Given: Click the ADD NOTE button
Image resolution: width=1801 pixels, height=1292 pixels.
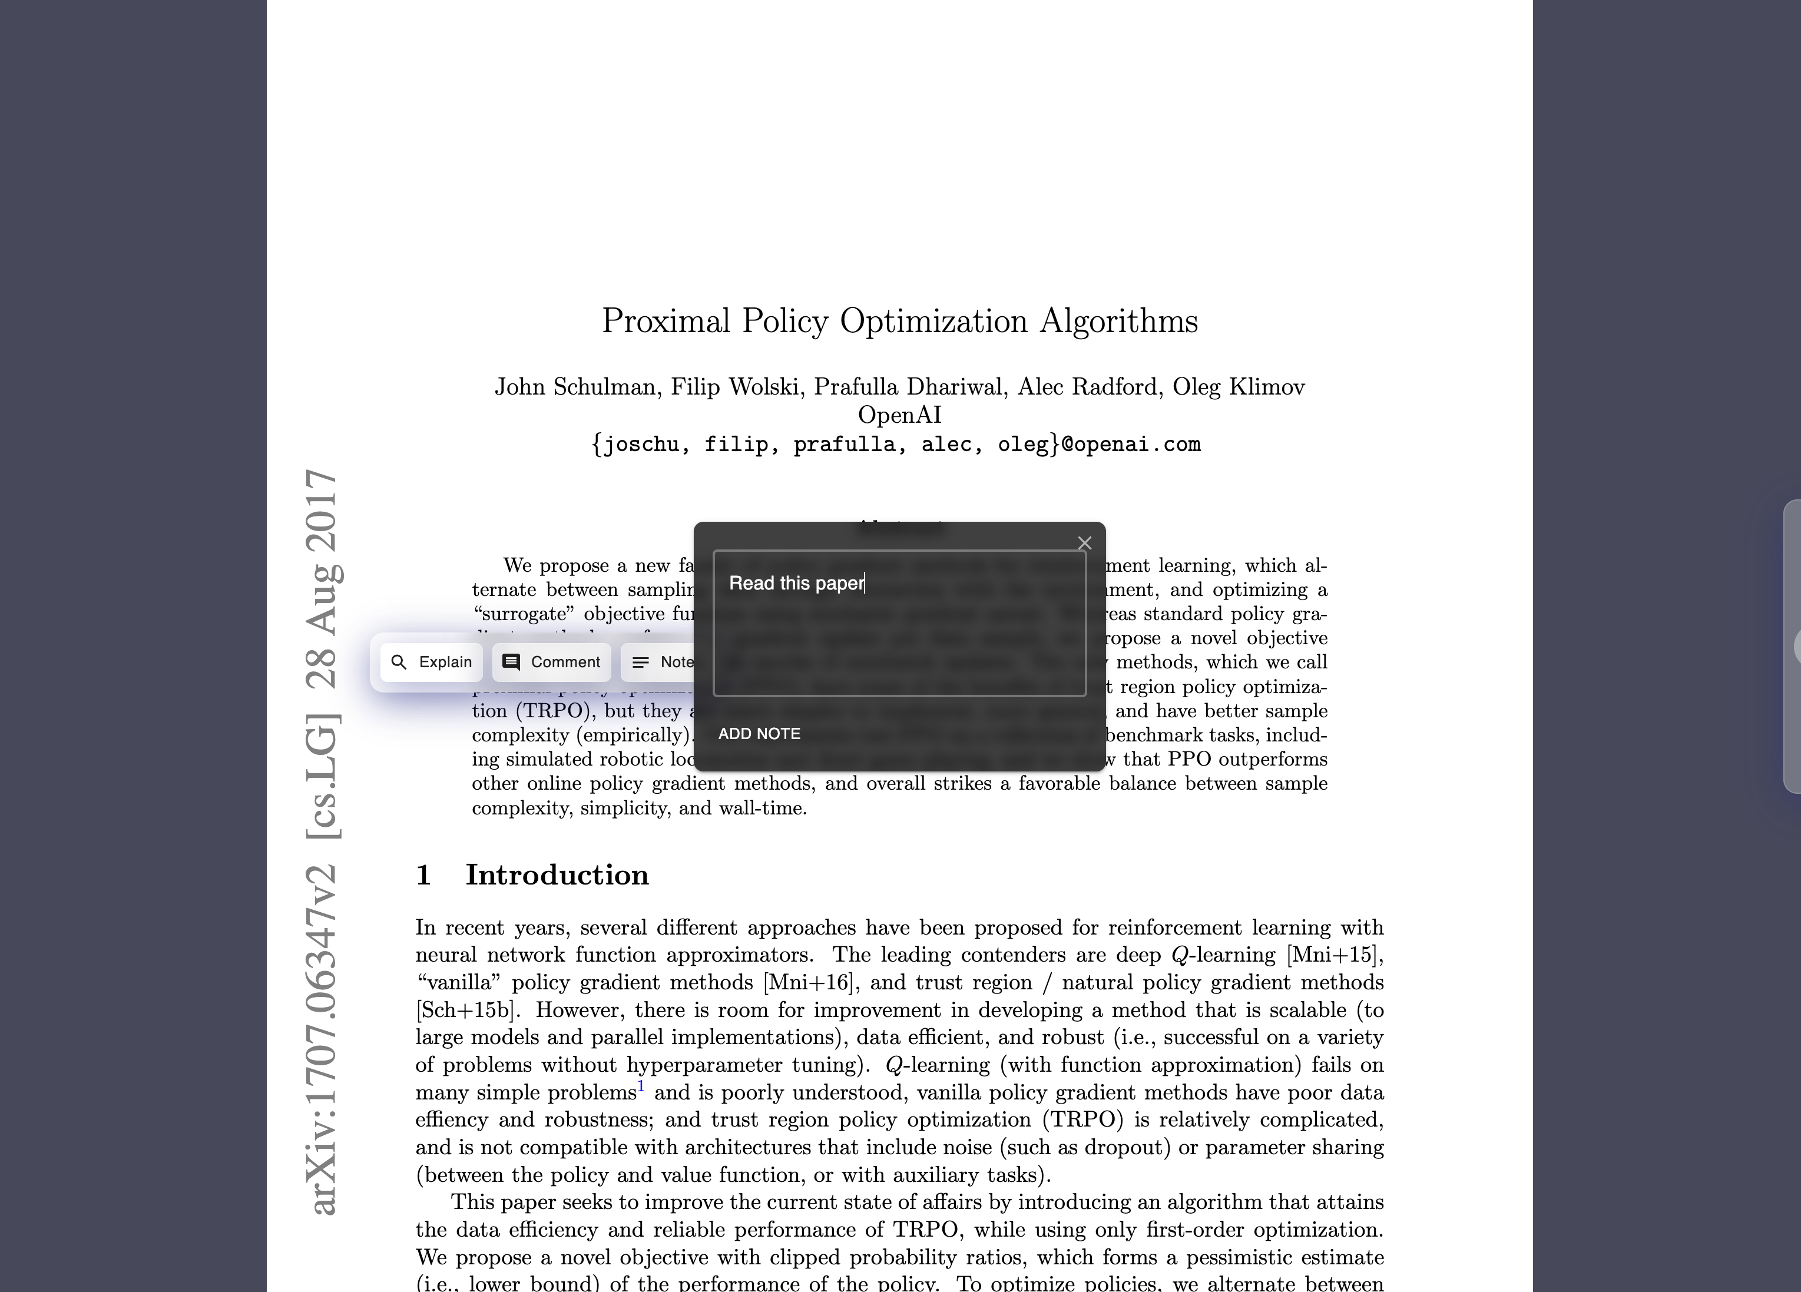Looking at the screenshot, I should coord(759,734).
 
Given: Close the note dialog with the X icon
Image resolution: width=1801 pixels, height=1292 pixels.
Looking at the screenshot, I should coord(1084,543).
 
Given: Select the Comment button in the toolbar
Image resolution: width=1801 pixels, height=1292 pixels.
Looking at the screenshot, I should coord(551,662).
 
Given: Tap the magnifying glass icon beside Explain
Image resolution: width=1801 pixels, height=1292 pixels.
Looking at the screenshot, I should coord(399,662).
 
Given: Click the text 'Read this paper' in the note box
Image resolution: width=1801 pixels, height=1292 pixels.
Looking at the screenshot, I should coord(796,584).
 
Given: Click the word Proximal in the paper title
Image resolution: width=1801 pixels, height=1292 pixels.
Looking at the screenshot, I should coord(666,322).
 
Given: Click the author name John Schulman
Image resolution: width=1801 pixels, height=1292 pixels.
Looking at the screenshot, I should coord(575,387).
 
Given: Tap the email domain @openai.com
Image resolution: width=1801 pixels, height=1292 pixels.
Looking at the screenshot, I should coord(1131,444).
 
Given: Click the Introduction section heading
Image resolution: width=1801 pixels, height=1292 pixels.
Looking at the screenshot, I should coord(557,874).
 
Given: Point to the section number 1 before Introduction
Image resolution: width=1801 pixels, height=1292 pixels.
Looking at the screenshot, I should coord(423,874).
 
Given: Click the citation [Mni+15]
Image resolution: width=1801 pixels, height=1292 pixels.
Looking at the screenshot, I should coord(1334,955).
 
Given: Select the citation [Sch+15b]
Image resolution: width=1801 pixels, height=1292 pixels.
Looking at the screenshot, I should coord(466,1010).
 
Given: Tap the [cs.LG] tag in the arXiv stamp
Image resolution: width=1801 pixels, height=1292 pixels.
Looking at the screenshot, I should coord(323,777).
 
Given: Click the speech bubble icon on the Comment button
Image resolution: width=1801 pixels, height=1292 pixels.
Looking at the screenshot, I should coord(511,662).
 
